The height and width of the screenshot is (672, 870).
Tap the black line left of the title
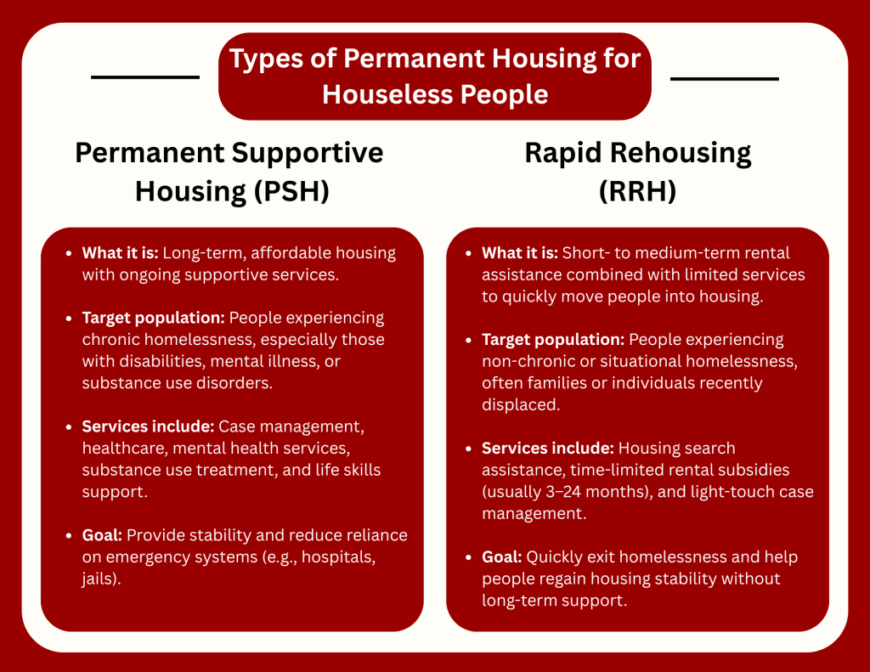click(145, 76)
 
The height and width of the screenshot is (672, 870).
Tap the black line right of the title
click(725, 79)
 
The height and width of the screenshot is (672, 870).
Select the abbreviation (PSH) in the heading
click(292, 191)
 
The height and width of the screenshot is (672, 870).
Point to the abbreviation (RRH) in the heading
click(637, 191)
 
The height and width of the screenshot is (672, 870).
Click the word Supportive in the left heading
click(308, 154)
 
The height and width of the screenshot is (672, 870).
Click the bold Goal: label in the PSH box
click(102, 535)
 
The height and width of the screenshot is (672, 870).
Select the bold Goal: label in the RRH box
click(501, 557)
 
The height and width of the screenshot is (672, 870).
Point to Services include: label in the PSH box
click(148, 426)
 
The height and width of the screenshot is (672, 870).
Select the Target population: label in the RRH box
click(553, 340)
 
